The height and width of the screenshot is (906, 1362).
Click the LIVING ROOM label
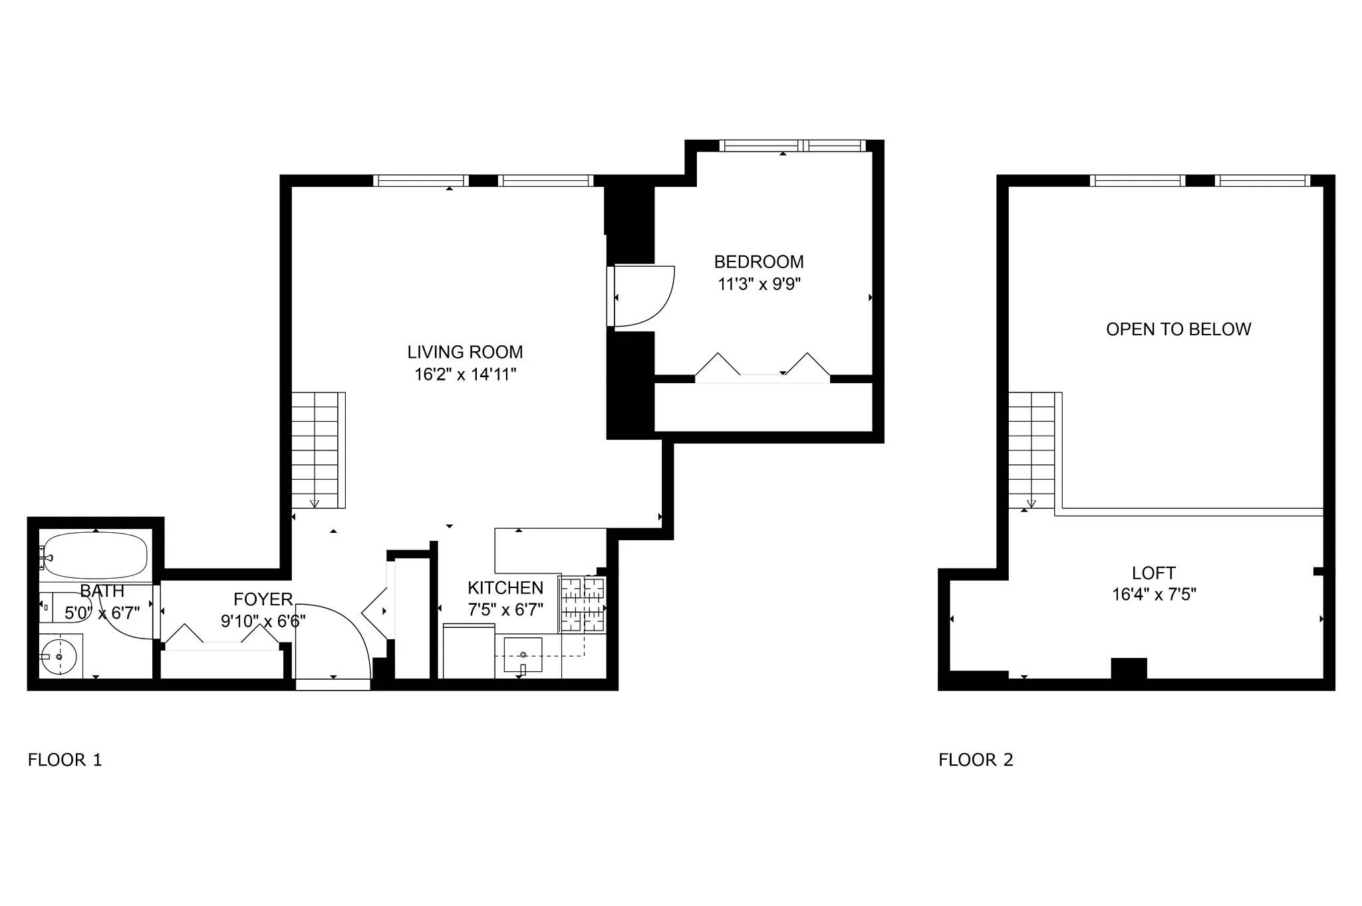tap(465, 352)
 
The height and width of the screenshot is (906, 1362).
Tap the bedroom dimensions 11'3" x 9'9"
tap(759, 285)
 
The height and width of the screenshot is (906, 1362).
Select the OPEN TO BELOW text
tap(1178, 329)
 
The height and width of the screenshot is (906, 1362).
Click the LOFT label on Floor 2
tap(1153, 573)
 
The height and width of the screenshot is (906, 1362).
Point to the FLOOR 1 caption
tap(65, 760)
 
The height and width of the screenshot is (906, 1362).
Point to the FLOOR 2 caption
tap(976, 760)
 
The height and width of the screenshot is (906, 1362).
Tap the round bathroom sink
tap(59, 657)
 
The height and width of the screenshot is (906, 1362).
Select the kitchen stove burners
tap(583, 605)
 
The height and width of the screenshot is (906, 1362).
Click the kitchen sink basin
tap(523, 655)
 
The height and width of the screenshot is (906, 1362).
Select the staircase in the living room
tap(318, 450)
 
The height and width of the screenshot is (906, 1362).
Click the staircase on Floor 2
tap(1031, 450)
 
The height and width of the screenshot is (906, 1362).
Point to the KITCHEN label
tap(505, 587)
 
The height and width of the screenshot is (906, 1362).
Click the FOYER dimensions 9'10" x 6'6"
tap(263, 621)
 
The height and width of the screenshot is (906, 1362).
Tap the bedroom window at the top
tap(792, 145)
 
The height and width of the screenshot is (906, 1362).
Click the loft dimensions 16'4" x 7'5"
tap(1154, 594)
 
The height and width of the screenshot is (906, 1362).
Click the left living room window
tap(420, 180)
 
